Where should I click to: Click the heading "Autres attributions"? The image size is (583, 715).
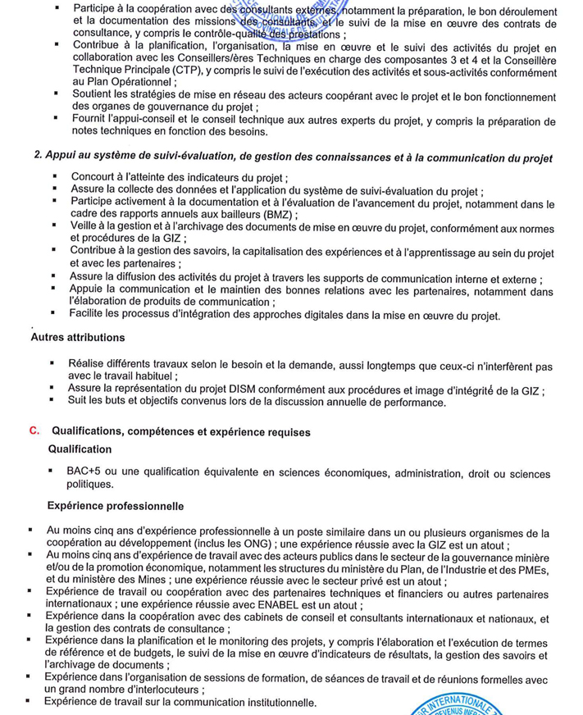point(78,338)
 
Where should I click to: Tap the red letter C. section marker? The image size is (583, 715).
point(34,430)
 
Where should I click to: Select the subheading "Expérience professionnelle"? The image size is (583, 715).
point(116,505)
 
